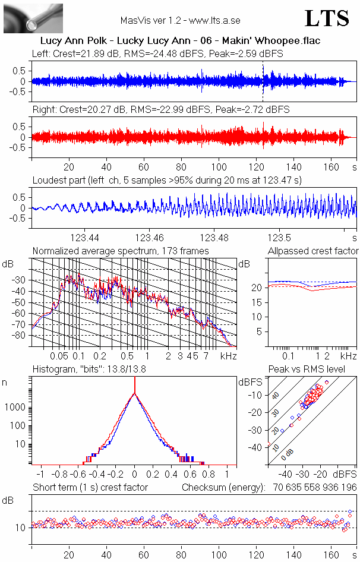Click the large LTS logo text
coord(327,18)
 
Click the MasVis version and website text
coord(180,20)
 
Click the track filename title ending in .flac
coord(181,41)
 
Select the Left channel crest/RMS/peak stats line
coord(157,53)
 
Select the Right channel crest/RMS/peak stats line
coord(160,110)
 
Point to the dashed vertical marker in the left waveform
coord(263,81)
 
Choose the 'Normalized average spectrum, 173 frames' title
coord(121,251)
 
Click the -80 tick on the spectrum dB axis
coord(20,335)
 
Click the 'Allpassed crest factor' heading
coord(313,251)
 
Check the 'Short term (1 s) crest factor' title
coord(90,488)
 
